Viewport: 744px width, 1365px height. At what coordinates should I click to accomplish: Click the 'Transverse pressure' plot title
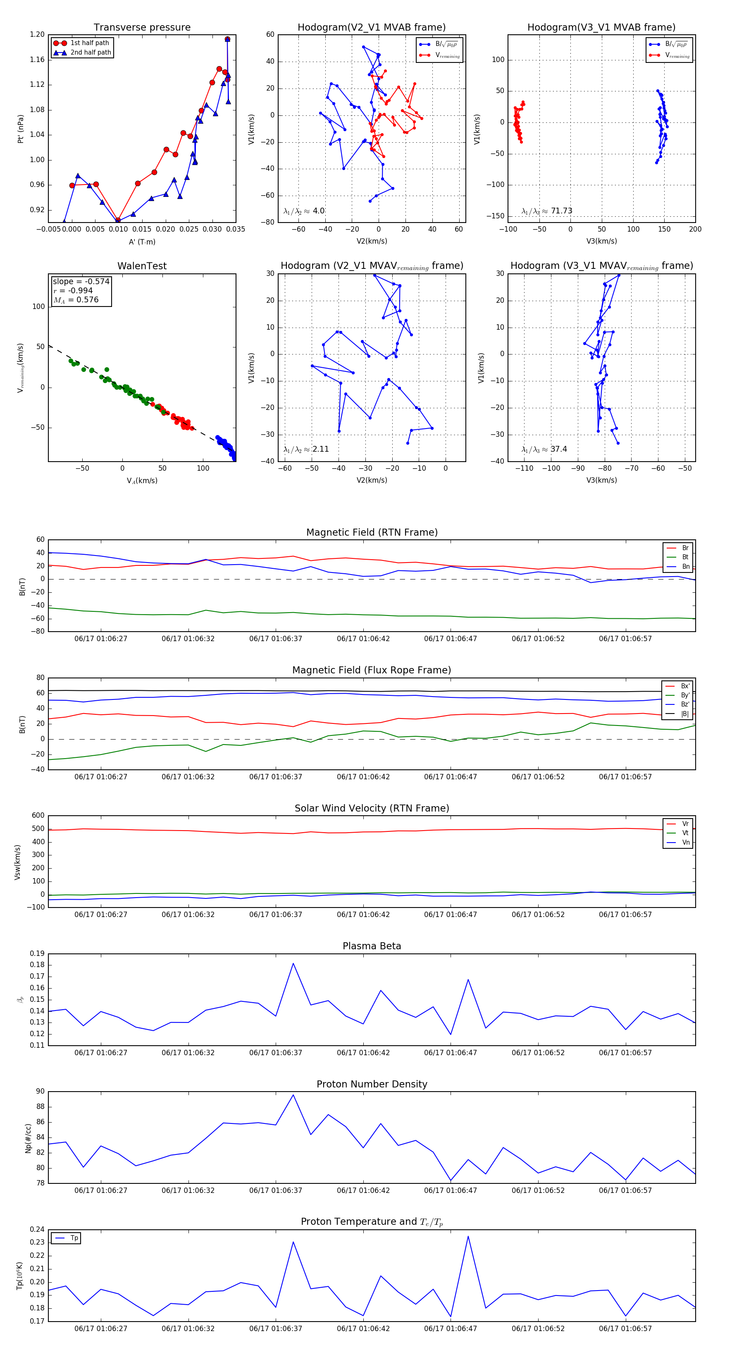point(142,28)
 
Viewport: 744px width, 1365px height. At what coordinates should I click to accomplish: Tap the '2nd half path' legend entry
point(91,53)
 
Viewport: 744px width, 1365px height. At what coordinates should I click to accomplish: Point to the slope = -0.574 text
point(81,281)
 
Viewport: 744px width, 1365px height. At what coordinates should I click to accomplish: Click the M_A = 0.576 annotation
point(76,300)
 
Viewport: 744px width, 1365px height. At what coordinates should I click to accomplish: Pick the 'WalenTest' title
point(142,266)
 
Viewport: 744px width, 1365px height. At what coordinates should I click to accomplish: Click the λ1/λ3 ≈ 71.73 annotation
point(546,211)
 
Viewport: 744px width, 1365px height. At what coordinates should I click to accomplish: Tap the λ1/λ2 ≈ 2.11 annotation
point(306,449)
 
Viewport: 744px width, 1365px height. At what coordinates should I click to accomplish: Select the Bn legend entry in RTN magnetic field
point(685,566)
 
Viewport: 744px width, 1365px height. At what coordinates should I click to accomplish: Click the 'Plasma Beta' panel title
point(372,946)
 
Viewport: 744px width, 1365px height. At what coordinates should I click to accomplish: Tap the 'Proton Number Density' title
point(372,1084)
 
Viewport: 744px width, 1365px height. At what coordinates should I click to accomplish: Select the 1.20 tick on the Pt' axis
point(37,34)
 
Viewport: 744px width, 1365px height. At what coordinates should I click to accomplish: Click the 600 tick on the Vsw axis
point(38,816)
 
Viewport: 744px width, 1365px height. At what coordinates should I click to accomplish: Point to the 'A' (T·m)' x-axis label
point(142,242)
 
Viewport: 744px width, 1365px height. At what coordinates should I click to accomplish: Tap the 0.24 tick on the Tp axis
point(37,1229)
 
